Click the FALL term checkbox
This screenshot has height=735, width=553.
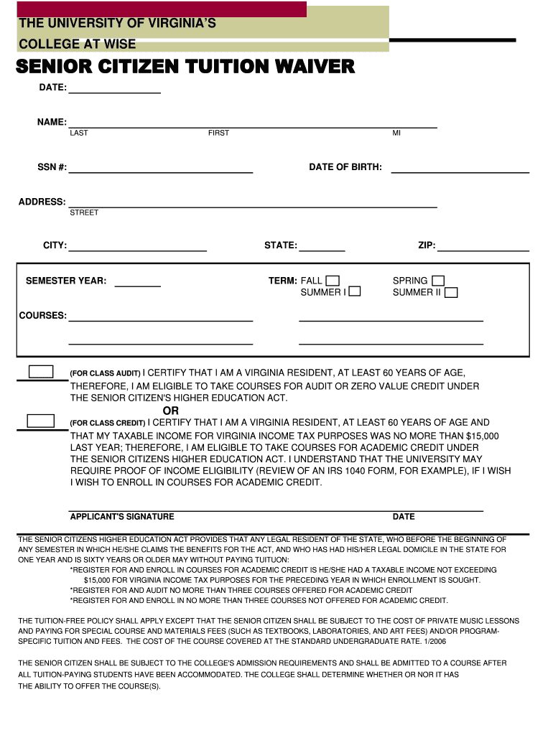pyautogui.click(x=333, y=281)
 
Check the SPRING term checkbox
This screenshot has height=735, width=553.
pyautogui.click(x=437, y=281)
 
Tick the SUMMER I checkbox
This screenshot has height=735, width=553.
pyautogui.click(x=355, y=292)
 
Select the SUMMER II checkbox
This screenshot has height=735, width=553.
pyautogui.click(x=451, y=292)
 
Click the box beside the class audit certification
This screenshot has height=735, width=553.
pyautogui.click(x=41, y=372)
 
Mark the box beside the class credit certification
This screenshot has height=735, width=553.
pyautogui.click(x=41, y=421)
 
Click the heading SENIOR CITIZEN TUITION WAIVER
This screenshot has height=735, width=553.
pyautogui.click(x=185, y=67)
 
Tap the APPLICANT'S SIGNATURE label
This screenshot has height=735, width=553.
pyautogui.click(x=122, y=517)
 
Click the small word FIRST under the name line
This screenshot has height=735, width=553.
pyautogui.click(x=218, y=133)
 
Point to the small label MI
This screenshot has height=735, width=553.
pyautogui.click(x=396, y=133)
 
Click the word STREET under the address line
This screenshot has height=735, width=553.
pyautogui.click(x=84, y=212)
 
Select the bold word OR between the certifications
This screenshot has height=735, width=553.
pyautogui.click(x=171, y=411)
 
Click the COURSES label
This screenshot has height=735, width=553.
pyautogui.click(x=42, y=316)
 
